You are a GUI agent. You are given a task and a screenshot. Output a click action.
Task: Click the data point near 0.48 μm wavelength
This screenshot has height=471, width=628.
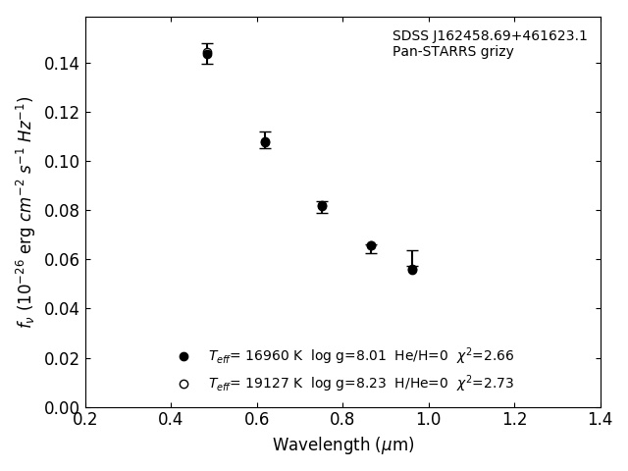pos(207,54)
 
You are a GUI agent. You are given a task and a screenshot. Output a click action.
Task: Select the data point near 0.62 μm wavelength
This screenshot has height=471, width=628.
pos(265,142)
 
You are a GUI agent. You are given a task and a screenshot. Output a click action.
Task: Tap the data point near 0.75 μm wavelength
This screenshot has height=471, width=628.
pos(322,206)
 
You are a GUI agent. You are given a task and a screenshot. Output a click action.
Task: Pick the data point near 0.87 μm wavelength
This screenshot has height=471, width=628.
pos(371,246)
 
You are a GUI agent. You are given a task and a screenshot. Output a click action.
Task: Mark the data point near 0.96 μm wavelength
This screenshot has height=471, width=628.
pos(412,269)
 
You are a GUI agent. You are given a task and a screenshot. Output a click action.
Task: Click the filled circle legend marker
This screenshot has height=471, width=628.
pos(183,356)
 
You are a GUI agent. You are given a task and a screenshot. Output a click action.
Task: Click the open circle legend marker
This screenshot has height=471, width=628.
pos(183,384)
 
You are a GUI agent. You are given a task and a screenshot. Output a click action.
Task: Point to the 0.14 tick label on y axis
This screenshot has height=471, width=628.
pos(61,64)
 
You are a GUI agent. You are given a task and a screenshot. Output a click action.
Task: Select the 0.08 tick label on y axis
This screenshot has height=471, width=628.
pos(61,211)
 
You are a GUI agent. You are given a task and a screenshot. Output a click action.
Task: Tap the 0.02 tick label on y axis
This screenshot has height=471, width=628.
pos(61,358)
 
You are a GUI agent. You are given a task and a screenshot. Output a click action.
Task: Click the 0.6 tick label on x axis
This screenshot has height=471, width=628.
pos(257,420)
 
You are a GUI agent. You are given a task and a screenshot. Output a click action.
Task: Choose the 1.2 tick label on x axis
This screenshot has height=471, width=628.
pos(514,420)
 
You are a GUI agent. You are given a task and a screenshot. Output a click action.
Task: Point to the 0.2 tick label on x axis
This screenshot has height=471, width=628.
pos(85,420)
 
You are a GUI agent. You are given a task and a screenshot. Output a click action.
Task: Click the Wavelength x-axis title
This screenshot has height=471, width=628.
pos(342,445)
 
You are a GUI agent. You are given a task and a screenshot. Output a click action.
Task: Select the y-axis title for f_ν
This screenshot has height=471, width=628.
pos(26,211)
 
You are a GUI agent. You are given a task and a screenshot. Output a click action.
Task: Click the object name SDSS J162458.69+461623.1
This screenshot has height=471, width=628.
pos(490,36)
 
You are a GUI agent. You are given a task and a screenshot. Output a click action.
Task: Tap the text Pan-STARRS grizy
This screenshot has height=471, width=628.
pos(452,52)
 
